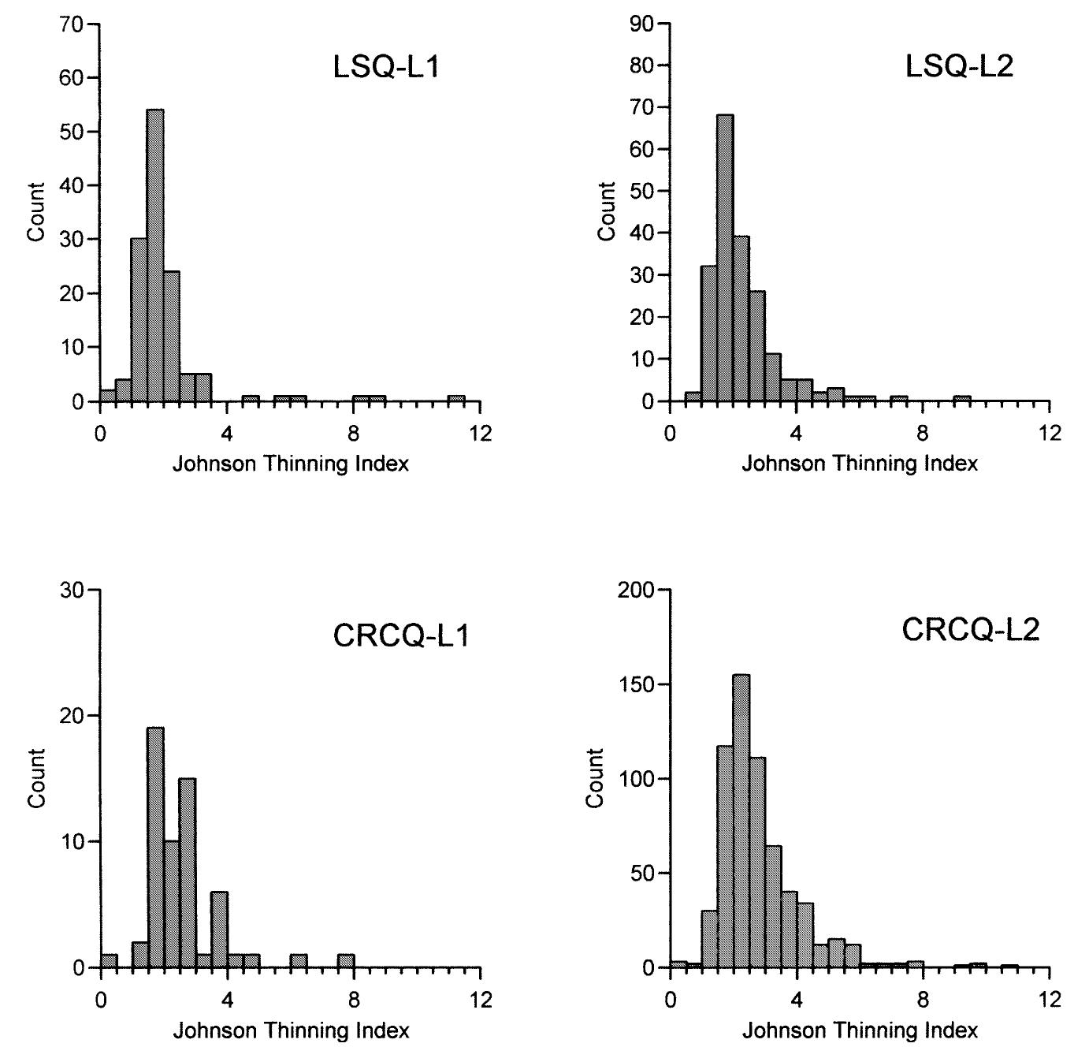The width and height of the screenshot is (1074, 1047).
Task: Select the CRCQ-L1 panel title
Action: pos(401,635)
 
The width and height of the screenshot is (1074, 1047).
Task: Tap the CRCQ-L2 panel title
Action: pos(970,630)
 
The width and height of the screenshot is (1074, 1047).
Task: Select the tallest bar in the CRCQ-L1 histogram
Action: pos(155,848)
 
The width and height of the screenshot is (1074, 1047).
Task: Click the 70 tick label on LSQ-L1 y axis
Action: pos(71,24)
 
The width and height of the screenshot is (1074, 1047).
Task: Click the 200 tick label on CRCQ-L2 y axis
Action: pos(635,590)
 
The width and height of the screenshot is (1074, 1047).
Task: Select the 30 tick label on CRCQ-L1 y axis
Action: pos(71,590)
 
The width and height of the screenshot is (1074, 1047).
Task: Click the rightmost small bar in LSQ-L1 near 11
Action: pos(455,399)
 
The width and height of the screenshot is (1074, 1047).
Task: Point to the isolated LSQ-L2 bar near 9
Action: pos(961,399)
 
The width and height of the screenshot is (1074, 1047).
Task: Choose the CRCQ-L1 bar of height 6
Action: pos(219,930)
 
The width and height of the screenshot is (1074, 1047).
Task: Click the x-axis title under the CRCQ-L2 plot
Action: pos(859,1030)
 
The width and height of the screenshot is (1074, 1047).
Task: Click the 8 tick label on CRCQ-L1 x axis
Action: pos(354,1000)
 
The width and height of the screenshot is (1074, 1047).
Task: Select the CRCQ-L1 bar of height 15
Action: pos(187,874)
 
